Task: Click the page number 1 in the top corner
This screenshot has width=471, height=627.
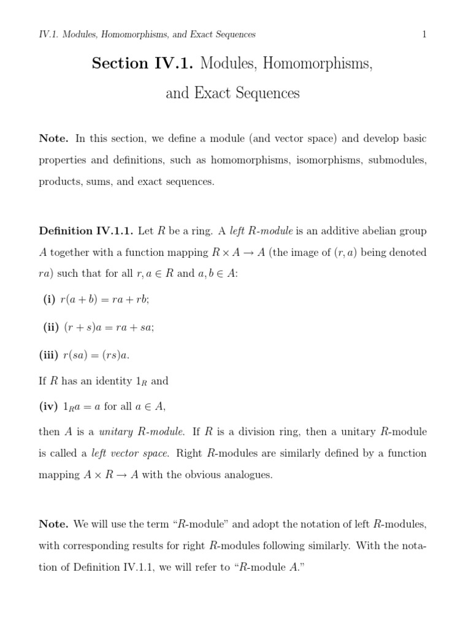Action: (x=424, y=35)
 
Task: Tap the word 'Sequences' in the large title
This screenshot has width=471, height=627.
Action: (x=265, y=94)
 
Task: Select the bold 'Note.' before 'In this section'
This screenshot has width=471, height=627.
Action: (x=53, y=138)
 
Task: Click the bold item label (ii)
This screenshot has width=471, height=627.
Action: (x=50, y=328)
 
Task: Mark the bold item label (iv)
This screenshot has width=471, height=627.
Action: (x=48, y=405)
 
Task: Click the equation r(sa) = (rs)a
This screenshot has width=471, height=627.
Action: (x=96, y=355)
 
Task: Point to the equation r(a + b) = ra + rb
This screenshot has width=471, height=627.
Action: (x=105, y=299)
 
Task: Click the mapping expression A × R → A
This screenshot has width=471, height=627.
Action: (x=111, y=476)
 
